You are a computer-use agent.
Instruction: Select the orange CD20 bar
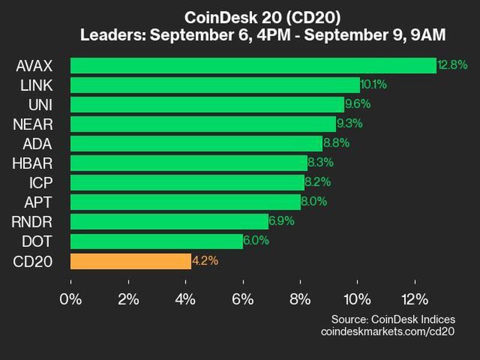click(131, 261)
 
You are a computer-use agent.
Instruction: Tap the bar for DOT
click(157, 241)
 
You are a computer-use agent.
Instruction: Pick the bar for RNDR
click(169, 221)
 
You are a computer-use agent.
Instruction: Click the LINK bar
click(215, 85)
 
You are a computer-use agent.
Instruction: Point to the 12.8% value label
click(452, 65)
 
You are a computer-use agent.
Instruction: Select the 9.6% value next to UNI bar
click(358, 104)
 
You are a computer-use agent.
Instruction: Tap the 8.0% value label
click(314, 202)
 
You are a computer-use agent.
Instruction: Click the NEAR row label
click(36, 124)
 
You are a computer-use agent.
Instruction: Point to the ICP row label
click(41, 183)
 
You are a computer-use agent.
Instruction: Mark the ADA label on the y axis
click(38, 143)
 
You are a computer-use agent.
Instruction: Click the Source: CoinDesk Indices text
click(393, 319)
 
